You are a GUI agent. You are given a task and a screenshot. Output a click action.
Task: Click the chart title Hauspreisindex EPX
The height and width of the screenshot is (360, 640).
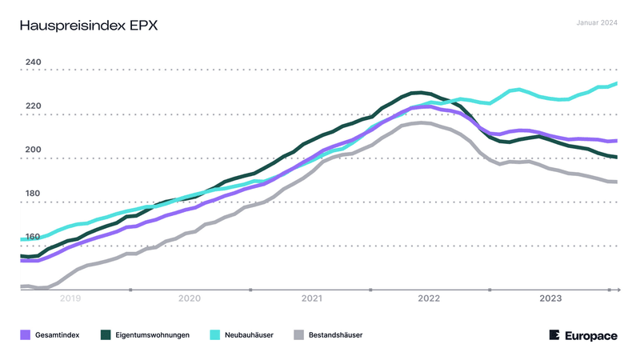[x=88, y=26]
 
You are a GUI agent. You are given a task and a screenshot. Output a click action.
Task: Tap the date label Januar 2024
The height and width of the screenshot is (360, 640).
[x=597, y=22]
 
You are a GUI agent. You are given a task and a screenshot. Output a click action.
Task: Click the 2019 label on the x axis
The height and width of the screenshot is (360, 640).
[x=70, y=298]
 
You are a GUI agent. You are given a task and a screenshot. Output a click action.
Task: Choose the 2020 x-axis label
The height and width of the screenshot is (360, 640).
[x=190, y=298]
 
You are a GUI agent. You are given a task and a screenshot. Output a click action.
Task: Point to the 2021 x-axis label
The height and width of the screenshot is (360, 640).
[x=310, y=298]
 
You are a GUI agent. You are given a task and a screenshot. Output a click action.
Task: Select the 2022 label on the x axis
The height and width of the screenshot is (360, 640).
[x=430, y=298]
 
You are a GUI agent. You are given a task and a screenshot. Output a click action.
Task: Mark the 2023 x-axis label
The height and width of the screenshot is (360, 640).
[x=550, y=298]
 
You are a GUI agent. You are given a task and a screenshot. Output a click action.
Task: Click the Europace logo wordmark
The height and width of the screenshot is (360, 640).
[x=591, y=335]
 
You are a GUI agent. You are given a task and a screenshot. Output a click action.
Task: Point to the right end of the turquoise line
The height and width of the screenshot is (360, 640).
[x=616, y=83]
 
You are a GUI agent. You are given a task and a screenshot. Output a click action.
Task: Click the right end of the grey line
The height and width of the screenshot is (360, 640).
[x=616, y=182]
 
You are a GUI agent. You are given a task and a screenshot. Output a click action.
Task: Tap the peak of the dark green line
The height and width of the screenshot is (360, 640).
[x=418, y=93]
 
